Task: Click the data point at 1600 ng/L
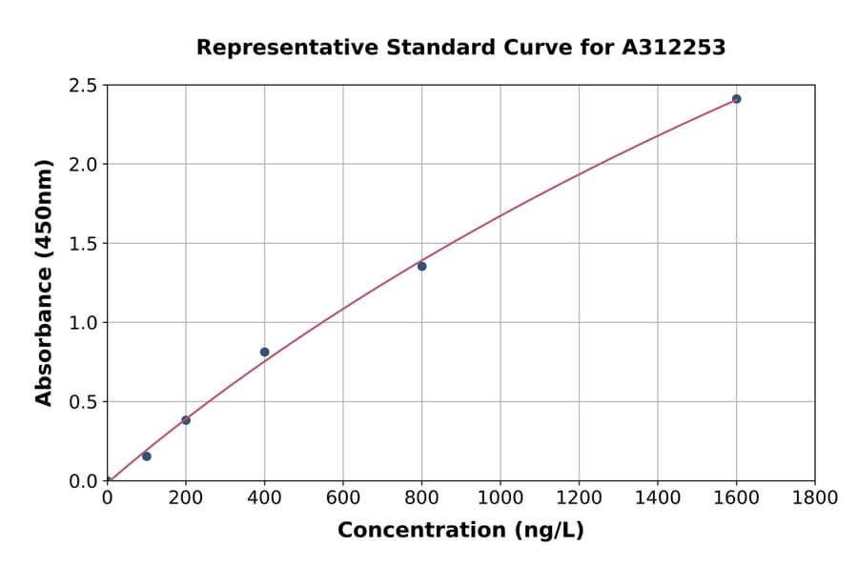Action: click(x=736, y=99)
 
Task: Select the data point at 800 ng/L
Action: click(x=421, y=266)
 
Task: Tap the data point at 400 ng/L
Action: click(x=264, y=352)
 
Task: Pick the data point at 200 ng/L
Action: click(x=186, y=420)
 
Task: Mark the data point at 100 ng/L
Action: click(x=146, y=456)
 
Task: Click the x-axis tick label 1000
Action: click(x=500, y=497)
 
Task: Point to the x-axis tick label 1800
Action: click(x=814, y=497)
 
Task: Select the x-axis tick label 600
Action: click(x=342, y=497)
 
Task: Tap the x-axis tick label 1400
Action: click(x=657, y=497)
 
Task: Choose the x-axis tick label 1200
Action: click(x=579, y=497)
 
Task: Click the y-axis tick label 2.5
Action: click(x=84, y=86)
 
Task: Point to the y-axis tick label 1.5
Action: click(x=84, y=244)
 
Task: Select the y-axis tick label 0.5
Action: click(x=84, y=402)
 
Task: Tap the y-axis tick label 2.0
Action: click(x=84, y=165)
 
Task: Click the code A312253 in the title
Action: click(x=674, y=48)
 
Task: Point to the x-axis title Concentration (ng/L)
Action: click(x=460, y=531)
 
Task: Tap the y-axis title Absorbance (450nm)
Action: click(x=44, y=282)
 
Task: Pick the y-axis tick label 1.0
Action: click(x=84, y=323)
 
